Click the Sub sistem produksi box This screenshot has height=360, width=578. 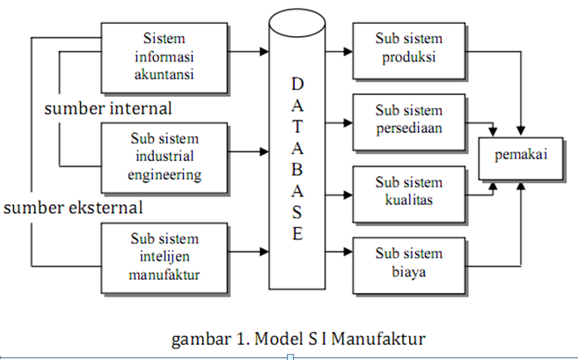coord(408,48)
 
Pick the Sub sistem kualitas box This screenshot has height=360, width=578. coord(408,191)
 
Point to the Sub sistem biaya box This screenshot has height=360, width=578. coord(408,262)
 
